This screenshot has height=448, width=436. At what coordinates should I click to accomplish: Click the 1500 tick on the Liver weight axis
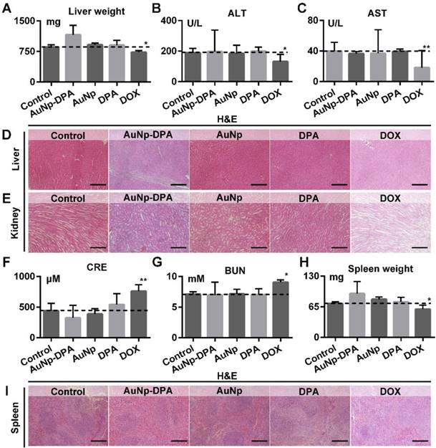point(25,22)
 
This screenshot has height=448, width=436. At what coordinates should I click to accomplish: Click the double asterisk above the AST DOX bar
point(407,49)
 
